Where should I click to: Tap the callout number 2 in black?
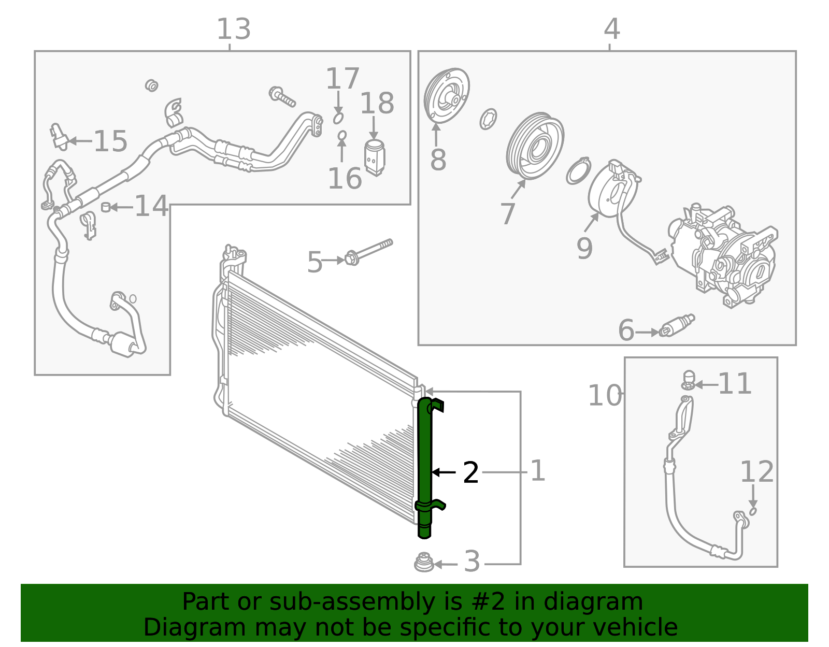[470, 473]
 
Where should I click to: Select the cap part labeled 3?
[424, 563]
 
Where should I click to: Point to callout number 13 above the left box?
[234, 30]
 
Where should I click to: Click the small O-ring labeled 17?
[338, 119]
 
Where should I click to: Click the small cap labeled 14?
[106, 207]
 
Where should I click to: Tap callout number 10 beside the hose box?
[604, 396]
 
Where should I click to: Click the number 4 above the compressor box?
[611, 30]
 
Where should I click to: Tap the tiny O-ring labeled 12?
[753, 511]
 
